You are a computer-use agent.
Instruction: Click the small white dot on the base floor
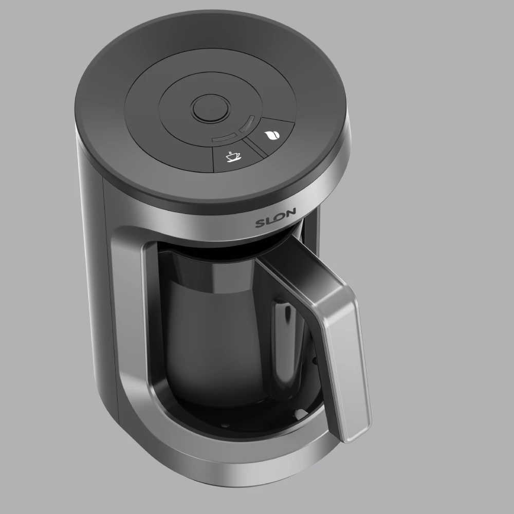click(x=299, y=412)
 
